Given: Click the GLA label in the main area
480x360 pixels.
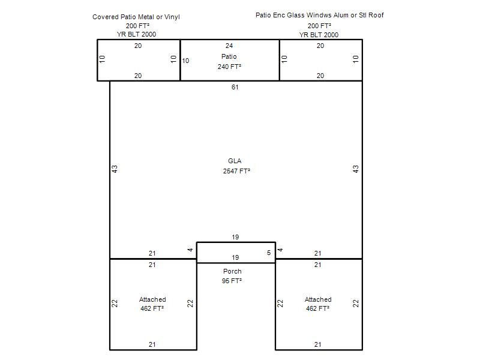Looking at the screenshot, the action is (235, 161).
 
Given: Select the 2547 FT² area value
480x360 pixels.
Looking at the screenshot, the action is (236, 171).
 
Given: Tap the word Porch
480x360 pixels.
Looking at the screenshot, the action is (232, 271).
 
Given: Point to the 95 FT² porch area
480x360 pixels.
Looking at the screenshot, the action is (232, 281).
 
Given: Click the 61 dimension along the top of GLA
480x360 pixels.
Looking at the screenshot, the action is (235, 87).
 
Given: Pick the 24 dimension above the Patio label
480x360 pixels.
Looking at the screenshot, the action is (229, 46).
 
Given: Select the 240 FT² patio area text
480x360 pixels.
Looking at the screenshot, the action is (229, 67).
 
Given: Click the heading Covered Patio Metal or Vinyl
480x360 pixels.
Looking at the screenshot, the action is (136, 17).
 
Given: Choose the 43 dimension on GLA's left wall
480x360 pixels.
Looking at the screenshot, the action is (114, 169).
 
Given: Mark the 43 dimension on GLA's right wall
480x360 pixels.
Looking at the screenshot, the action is (355, 169).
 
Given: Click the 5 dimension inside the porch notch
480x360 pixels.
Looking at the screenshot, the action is (269, 253).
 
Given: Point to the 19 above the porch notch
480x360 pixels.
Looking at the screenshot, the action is (235, 237).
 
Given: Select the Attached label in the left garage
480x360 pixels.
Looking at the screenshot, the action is (152, 299).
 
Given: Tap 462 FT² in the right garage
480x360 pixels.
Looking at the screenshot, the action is (318, 308).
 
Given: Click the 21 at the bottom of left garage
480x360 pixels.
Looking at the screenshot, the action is (152, 344).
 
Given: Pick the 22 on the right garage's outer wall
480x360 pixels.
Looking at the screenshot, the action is (355, 304).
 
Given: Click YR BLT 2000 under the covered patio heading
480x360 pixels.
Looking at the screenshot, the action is (136, 34).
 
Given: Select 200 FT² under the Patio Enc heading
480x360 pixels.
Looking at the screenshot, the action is (319, 26).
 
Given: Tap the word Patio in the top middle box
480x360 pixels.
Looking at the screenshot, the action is (229, 56).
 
